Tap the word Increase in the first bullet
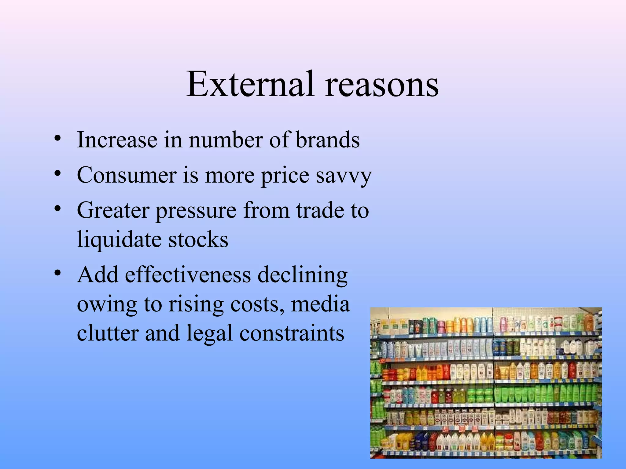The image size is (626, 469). (117, 140)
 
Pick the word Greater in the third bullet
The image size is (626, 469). (113, 211)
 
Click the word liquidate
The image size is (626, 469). (119, 239)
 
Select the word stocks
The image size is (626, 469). (198, 239)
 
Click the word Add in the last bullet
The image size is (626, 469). (98, 274)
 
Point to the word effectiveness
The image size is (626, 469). (188, 274)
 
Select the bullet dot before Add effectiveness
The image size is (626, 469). (57, 272)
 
